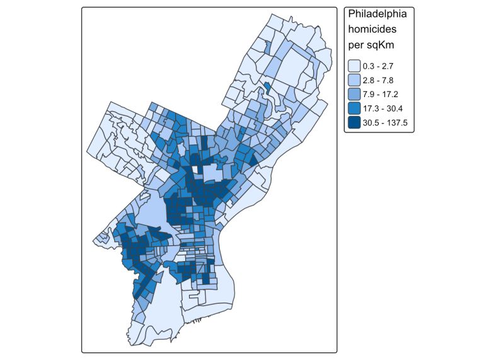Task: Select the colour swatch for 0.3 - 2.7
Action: pyautogui.click(x=354, y=66)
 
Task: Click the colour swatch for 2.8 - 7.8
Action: pyautogui.click(x=354, y=79)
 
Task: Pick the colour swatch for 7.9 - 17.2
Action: pyautogui.click(x=354, y=93)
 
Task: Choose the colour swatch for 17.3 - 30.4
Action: pyautogui.click(x=354, y=107)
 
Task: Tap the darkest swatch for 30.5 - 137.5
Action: pyautogui.click(x=354, y=121)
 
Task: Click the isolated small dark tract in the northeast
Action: pyautogui.click(x=267, y=88)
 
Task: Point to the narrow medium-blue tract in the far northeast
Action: pyautogui.click(x=268, y=47)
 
